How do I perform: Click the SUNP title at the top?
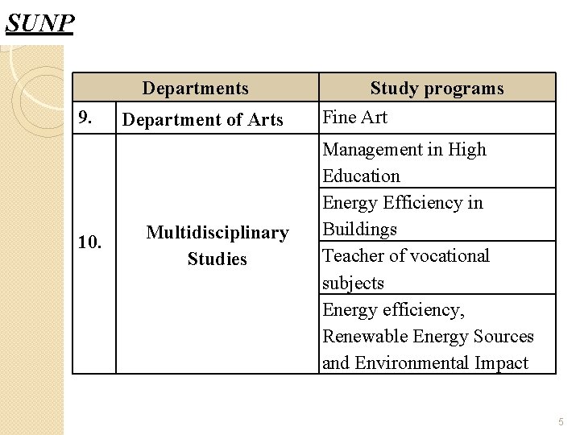tap(39, 23)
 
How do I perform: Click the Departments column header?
tap(196, 89)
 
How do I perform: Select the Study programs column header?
tap(437, 89)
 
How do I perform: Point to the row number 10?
tap(89, 242)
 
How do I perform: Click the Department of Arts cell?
tap(202, 120)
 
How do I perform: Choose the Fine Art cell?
tap(354, 118)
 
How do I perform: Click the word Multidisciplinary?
tap(217, 233)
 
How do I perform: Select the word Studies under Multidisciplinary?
tap(217, 259)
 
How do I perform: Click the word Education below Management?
tap(361, 176)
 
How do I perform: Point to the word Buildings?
tap(359, 230)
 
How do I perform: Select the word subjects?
tap(353, 284)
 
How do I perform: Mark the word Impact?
tap(501, 363)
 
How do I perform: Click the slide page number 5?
tap(561, 422)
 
